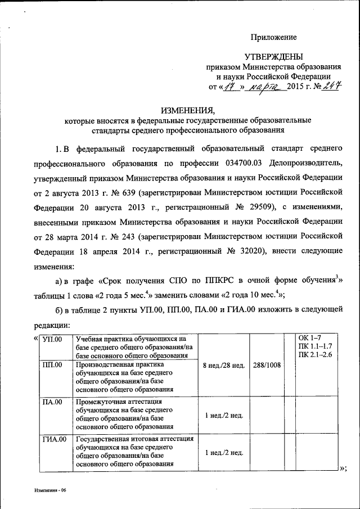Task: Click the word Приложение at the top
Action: click(x=273, y=37)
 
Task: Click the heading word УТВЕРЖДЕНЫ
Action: click(x=273, y=56)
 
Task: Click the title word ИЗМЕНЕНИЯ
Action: click(x=179, y=110)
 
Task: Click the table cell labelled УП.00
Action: click(x=52, y=339)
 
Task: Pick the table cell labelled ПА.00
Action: click(x=52, y=402)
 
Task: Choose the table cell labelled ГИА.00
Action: click(x=55, y=438)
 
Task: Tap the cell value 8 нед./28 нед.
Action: click(x=224, y=365)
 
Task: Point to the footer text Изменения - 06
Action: click(x=49, y=490)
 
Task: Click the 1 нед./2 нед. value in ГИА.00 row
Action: click(x=224, y=452)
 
